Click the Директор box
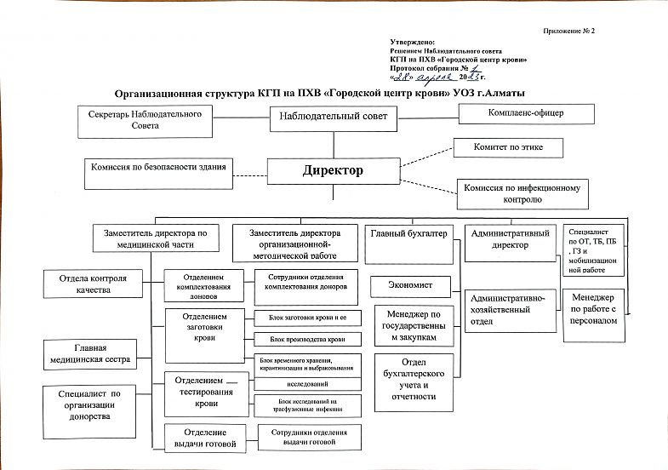click(333, 171)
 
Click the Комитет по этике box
click(509, 148)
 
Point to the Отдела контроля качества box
click(93, 284)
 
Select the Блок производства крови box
click(306, 340)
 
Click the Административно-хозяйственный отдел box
click(510, 316)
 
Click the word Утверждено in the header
click(412, 42)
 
